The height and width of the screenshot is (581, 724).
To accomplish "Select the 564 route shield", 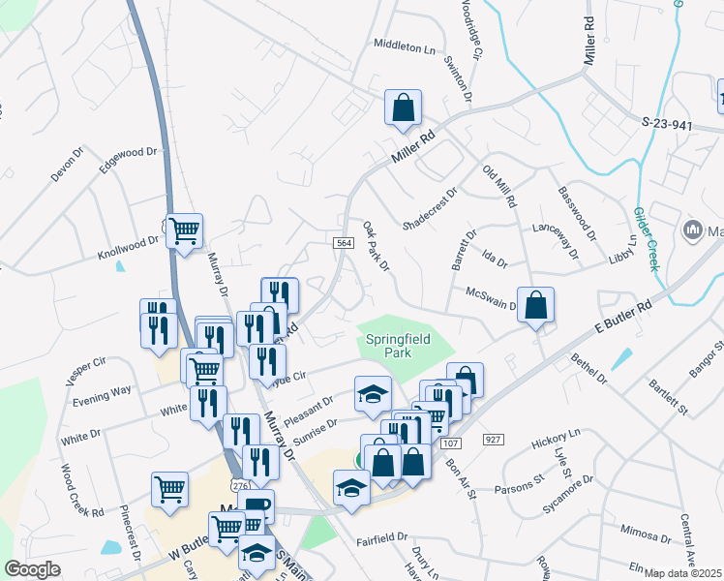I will [344, 243].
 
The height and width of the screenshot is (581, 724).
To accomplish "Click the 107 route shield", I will [449, 443].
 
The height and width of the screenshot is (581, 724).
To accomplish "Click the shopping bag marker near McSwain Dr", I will [535, 306].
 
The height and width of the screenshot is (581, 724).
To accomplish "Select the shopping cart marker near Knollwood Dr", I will [184, 232].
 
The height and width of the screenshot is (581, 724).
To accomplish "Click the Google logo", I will [32, 569].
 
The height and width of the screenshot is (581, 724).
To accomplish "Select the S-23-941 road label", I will [668, 124].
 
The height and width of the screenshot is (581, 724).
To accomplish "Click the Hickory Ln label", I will [555, 440].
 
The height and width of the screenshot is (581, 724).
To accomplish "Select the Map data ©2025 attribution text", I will [681, 573].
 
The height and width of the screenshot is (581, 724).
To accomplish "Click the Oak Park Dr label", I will [376, 246].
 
